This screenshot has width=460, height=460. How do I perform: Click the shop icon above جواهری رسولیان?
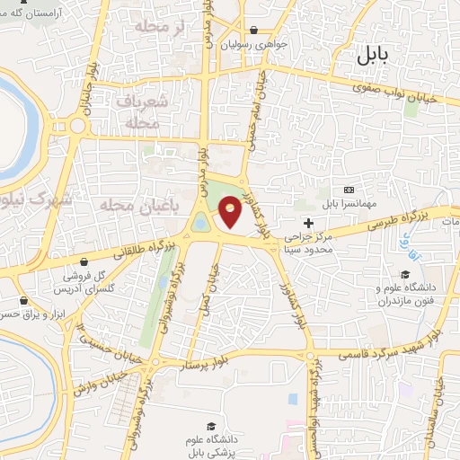256,30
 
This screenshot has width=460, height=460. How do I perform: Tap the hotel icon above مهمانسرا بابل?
349,190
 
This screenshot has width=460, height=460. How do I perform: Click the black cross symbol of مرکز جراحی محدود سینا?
309,224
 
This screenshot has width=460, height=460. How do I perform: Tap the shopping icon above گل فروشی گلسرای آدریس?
84,261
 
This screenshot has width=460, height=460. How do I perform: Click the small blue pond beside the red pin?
201,222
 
